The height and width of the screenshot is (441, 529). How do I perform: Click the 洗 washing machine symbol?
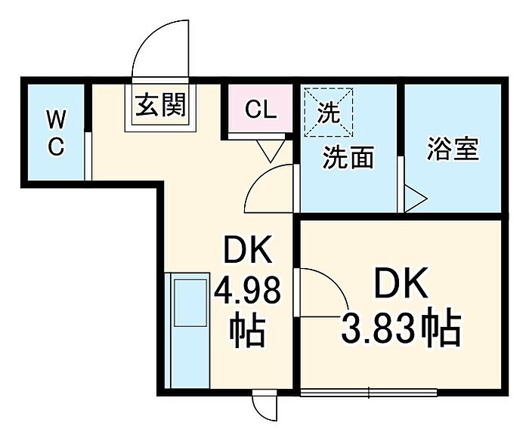pyautogui.click(x=328, y=112)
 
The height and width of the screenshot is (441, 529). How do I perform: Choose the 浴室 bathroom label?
pyautogui.click(x=453, y=149)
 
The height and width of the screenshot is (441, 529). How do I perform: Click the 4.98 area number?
pyautogui.click(x=248, y=289)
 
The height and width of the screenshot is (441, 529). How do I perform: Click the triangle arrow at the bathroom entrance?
pyautogui.click(x=414, y=200)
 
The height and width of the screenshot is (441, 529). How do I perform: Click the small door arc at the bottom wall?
pyautogui.click(x=264, y=408)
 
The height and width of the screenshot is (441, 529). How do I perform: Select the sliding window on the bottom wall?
pyautogui.click(x=368, y=392)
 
